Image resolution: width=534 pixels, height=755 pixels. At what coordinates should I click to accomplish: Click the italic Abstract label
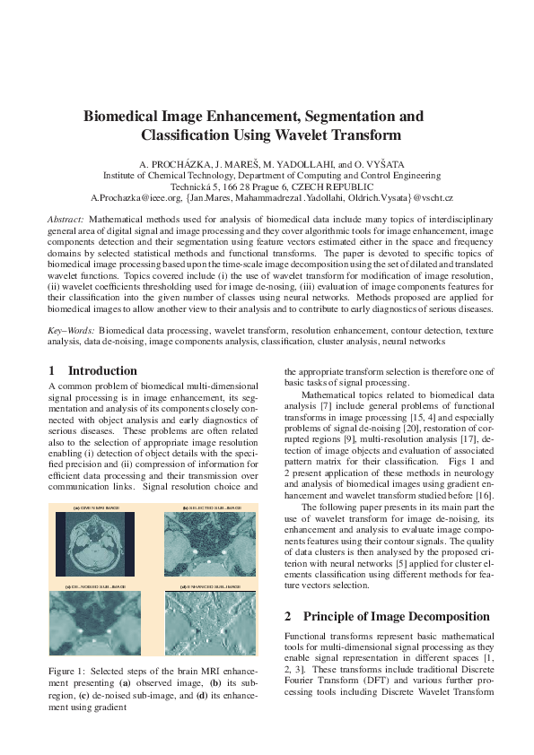tap(66, 219)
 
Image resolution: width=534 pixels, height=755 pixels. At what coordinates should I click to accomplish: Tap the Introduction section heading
tap(102, 370)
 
